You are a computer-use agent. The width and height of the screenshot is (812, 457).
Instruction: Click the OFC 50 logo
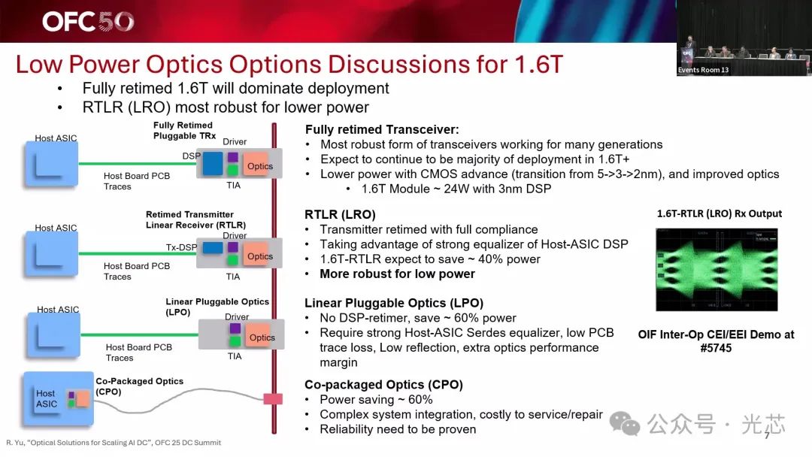click(x=88, y=21)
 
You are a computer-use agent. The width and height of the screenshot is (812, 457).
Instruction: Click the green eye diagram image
click(x=717, y=270)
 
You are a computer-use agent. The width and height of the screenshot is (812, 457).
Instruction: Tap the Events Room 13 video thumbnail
click(x=744, y=38)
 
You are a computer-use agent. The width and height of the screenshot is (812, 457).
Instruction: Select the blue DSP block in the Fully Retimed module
click(x=212, y=163)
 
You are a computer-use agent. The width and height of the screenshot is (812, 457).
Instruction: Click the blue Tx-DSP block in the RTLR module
click(x=212, y=248)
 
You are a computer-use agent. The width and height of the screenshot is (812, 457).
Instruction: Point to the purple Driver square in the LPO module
click(x=235, y=328)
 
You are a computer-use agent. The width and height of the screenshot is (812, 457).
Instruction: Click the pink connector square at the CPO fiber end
click(x=273, y=398)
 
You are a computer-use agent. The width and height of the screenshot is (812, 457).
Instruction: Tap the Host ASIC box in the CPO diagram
click(x=58, y=398)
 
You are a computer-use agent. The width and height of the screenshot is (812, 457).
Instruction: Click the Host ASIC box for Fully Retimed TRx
click(x=51, y=164)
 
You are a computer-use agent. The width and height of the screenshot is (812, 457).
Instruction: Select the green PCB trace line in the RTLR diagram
click(x=138, y=253)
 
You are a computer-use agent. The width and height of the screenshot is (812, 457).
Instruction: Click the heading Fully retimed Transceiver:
click(x=382, y=129)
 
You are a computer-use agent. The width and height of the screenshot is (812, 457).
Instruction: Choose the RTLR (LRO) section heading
click(x=340, y=214)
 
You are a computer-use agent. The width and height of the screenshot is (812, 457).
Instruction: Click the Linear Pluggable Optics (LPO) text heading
click(x=393, y=303)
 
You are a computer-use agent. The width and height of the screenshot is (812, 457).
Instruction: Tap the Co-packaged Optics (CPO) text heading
click(x=383, y=385)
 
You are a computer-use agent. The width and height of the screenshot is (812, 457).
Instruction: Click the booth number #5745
click(x=717, y=348)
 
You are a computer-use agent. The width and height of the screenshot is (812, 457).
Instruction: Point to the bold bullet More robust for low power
click(x=397, y=274)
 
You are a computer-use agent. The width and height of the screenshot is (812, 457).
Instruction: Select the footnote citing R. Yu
click(x=114, y=443)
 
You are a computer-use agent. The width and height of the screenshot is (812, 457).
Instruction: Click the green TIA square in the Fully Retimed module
click(x=233, y=169)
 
